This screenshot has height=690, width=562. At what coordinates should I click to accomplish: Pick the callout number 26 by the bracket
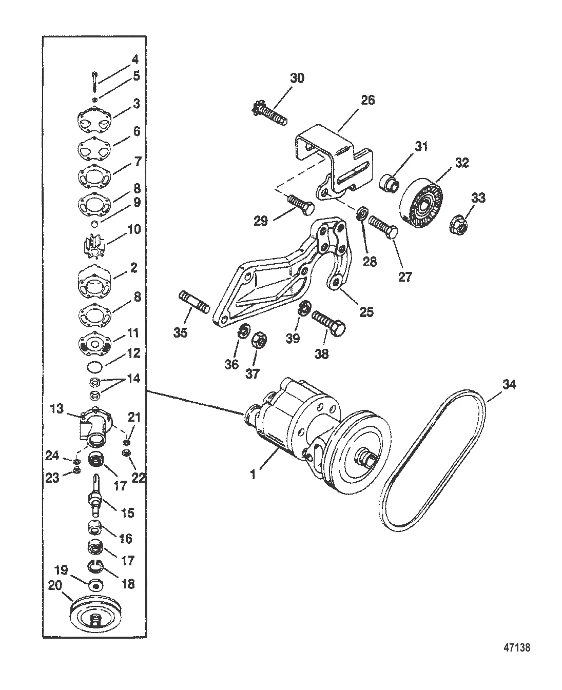point(367,101)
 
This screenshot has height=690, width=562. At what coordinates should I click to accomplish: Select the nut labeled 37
point(259,341)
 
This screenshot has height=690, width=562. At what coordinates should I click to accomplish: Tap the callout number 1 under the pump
point(253,475)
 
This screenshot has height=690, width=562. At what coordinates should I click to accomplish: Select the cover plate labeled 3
point(94,120)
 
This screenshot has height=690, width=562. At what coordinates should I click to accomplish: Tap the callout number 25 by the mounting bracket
point(366,311)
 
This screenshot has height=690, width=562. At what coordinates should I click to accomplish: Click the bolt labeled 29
point(300,204)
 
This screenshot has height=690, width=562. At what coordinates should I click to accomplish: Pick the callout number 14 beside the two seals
point(134,379)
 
